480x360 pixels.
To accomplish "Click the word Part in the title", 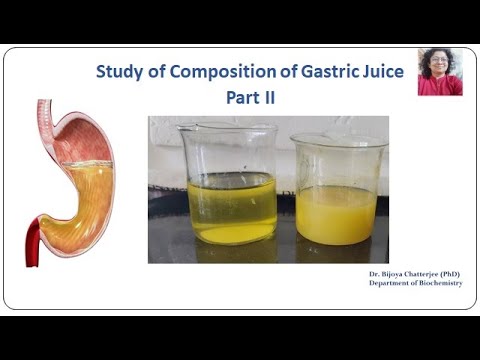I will click(237, 99).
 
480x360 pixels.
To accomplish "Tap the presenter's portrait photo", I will click(440, 72).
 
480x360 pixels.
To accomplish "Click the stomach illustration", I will click(74, 180).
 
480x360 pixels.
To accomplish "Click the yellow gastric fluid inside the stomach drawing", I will click(85, 200).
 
